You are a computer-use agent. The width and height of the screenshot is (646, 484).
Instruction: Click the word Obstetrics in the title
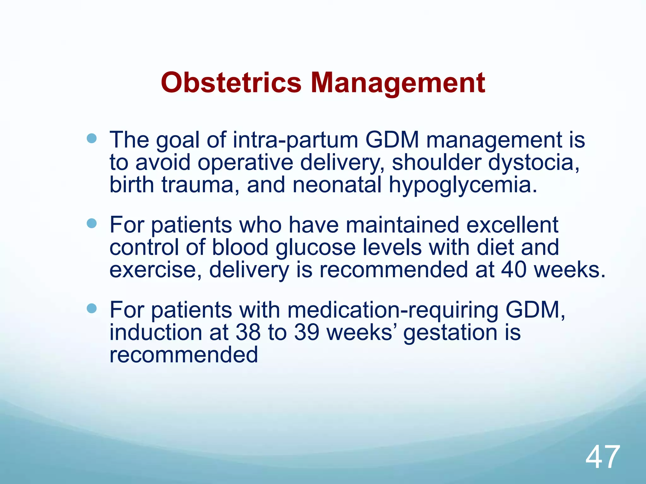(231, 83)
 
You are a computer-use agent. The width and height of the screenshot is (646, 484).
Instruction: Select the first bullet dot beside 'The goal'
(91, 138)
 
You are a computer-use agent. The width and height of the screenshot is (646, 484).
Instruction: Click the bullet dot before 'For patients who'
(91, 223)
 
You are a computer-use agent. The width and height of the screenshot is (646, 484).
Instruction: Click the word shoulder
(436, 162)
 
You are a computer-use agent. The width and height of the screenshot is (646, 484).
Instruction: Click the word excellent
(512, 225)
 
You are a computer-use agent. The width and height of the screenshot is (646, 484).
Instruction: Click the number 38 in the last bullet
(248, 332)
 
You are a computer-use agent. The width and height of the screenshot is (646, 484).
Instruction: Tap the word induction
(156, 332)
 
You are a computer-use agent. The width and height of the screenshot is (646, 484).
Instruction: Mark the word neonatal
(337, 185)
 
